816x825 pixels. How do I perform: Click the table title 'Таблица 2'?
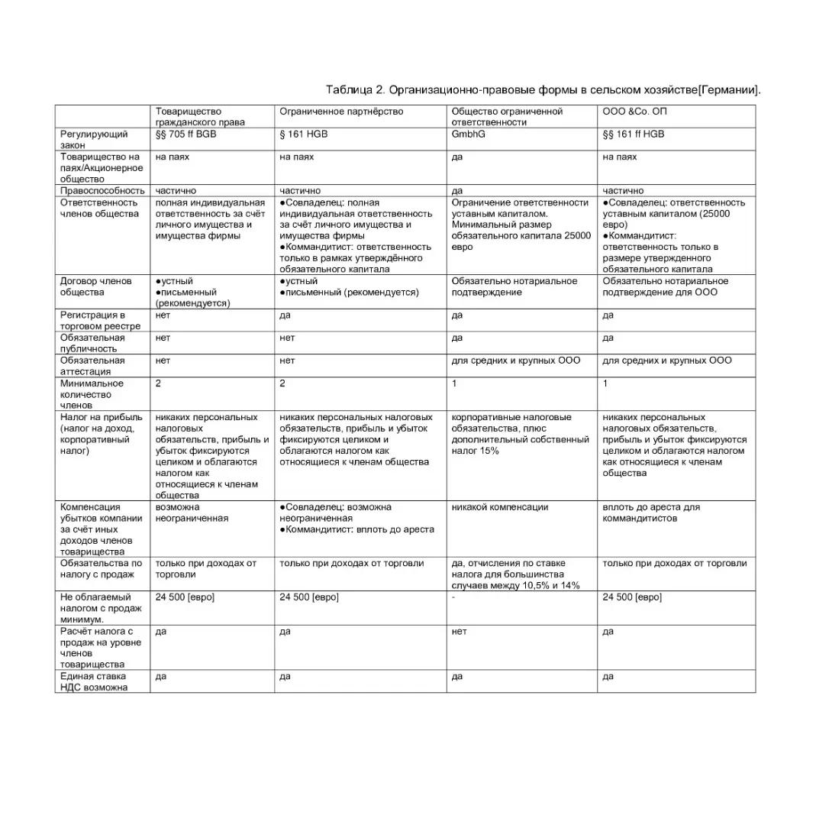[x=355, y=90]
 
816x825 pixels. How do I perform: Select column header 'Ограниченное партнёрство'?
[x=341, y=112]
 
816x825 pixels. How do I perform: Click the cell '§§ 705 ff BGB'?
[x=186, y=134]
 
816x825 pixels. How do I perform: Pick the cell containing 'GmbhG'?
[x=469, y=134]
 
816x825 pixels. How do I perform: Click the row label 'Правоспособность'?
[x=102, y=191]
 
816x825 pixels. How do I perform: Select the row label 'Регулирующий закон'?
[x=94, y=140]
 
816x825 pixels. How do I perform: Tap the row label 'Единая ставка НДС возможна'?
[x=94, y=681]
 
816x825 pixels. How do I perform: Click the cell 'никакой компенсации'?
[x=499, y=507]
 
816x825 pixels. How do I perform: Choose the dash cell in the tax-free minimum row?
[x=453, y=597]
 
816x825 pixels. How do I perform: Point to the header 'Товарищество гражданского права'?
[x=200, y=117]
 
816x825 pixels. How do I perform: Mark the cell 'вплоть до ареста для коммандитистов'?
[x=651, y=513]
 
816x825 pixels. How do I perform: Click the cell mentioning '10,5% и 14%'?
[x=515, y=574]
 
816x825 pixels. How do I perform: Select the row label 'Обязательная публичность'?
[x=92, y=343]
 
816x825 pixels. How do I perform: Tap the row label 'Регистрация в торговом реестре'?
[x=93, y=320]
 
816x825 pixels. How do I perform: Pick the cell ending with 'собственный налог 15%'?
[x=521, y=434]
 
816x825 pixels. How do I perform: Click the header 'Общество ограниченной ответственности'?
[x=507, y=117]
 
